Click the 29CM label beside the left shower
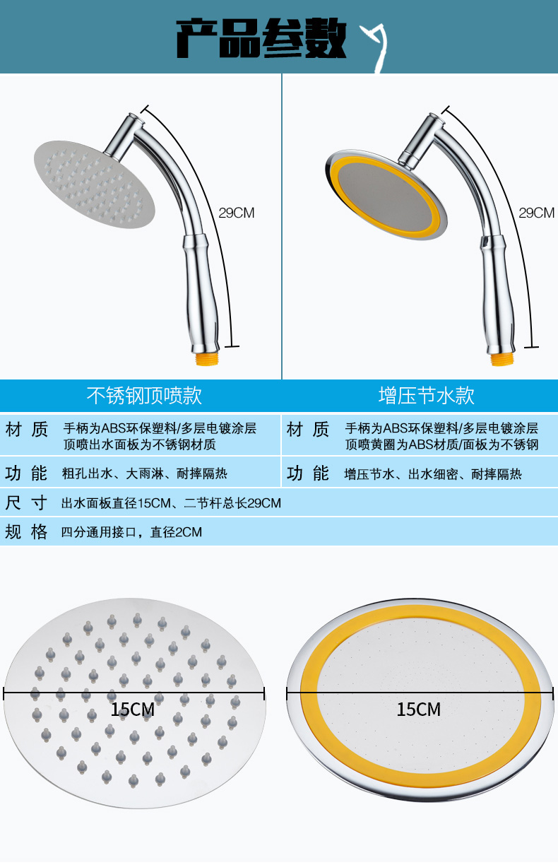point(236,213)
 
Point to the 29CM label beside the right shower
point(536,213)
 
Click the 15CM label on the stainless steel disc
point(132,709)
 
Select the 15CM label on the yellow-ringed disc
point(418,709)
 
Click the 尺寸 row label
point(26,503)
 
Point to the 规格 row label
point(26,531)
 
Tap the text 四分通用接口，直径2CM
point(131,532)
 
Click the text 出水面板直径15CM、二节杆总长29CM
point(171,503)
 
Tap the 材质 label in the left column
point(26,429)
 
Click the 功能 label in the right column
point(308,473)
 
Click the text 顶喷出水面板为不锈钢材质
point(139,445)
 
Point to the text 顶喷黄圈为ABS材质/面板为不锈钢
point(441,445)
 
